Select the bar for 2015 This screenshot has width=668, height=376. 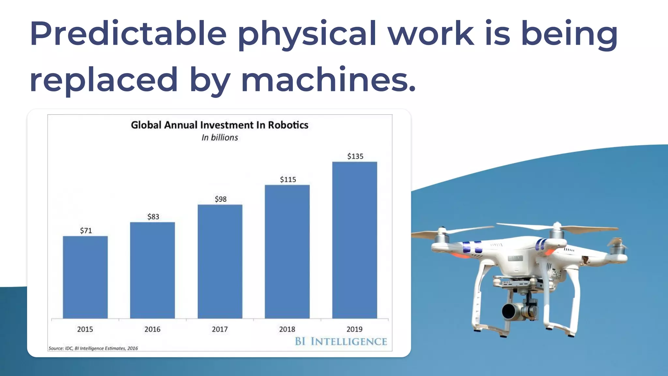[85, 277]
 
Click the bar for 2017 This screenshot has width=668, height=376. [220, 261]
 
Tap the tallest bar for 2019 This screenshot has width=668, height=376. [355, 240]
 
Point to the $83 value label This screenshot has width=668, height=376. [153, 217]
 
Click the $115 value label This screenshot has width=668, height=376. [288, 180]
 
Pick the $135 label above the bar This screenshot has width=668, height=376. [355, 156]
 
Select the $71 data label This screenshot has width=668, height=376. [86, 231]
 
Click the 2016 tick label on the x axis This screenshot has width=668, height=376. [152, 329]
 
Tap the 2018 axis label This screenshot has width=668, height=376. [287, 329]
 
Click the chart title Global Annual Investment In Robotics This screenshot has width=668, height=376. [220, 125]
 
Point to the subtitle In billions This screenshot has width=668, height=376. [220, 138]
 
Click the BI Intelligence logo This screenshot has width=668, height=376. [341, 341]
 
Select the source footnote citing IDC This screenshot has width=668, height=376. [93, 348]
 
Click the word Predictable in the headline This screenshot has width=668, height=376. [128, 33]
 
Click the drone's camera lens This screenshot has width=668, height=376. [509, 311]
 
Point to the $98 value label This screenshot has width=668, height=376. [220, 199]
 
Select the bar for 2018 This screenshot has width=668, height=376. [287, 252]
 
